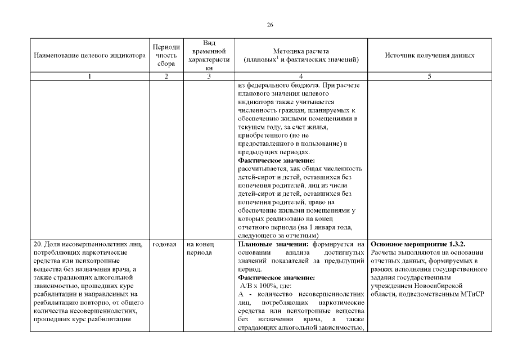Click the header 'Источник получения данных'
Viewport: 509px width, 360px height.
pos(429,56)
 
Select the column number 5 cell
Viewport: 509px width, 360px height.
pos(429,76)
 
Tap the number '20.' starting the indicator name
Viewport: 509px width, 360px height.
pos(38,244)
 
